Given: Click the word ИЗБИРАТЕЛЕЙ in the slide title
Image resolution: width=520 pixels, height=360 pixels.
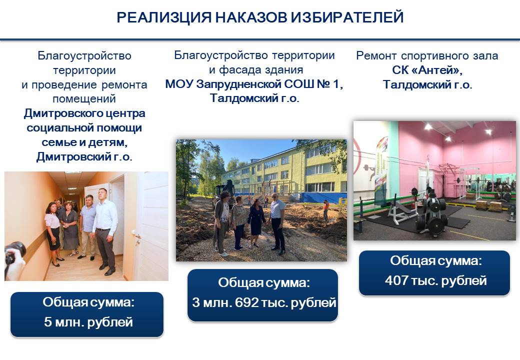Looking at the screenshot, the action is click(347, 17).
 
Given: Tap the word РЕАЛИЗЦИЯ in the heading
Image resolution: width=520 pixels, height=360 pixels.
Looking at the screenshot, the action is click(164, 17).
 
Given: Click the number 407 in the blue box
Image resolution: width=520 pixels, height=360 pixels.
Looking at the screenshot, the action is click(396, 280).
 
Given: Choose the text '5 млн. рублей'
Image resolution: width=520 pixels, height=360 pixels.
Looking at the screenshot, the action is click(88, 322).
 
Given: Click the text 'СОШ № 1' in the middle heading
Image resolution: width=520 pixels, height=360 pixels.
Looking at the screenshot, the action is click(313, 84).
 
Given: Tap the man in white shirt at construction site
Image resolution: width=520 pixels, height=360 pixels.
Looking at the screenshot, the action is click(277, 224).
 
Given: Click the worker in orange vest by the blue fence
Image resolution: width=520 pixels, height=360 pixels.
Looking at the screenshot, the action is click(326, 210).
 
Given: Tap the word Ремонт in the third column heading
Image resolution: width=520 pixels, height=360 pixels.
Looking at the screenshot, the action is click(376, 55).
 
